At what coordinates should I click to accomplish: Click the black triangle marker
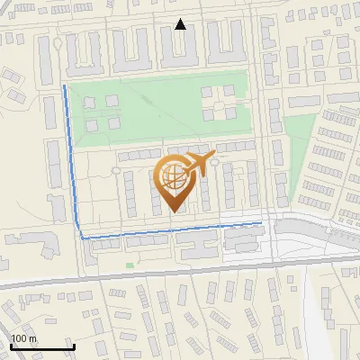181,24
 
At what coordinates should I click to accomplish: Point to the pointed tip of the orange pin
173,211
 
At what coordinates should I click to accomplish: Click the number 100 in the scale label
19,338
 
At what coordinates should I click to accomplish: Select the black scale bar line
40,347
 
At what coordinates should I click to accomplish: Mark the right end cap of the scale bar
73,346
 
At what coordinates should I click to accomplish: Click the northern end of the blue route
64,86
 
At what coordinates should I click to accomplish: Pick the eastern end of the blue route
262,221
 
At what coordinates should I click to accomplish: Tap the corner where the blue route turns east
83,238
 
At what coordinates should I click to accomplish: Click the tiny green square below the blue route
130,265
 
